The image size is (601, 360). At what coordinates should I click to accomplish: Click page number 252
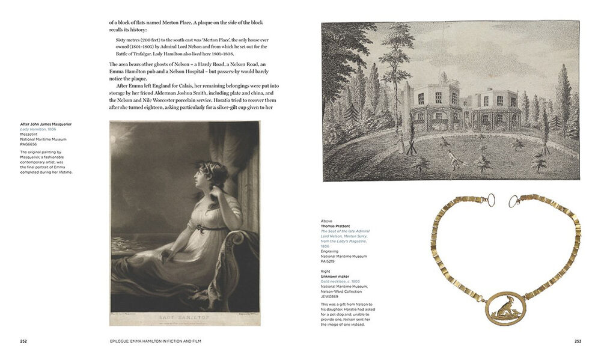tap(23, 341)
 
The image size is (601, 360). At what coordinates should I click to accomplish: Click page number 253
tap(578, 341)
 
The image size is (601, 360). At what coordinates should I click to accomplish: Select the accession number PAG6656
tap(29, 144)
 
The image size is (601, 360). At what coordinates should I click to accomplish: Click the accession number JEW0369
tap(330, 296)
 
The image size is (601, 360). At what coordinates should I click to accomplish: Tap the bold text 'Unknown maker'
tap(335, 276)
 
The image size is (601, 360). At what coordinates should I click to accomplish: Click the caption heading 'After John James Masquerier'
tap(46, 124)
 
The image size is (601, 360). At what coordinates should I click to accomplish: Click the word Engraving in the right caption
tap(331, 251)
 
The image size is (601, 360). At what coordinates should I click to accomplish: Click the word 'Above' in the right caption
tap(327, 221)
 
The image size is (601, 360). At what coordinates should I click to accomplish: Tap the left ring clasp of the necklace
tap(490, 200)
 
